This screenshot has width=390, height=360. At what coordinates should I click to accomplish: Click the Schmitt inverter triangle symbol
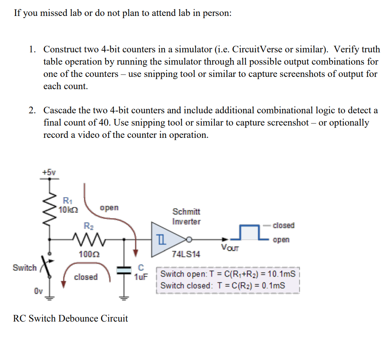coord(166,240)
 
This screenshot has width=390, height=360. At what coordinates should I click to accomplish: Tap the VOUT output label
coord(230,247)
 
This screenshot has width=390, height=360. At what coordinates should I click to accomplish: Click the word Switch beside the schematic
coord(25,268)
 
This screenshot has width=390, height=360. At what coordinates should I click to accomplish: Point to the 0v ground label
coord(38,291)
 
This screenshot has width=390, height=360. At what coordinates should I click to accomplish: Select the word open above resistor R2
coord(109,207)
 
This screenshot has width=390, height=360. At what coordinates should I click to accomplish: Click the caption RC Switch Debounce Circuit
coord(70,318)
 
